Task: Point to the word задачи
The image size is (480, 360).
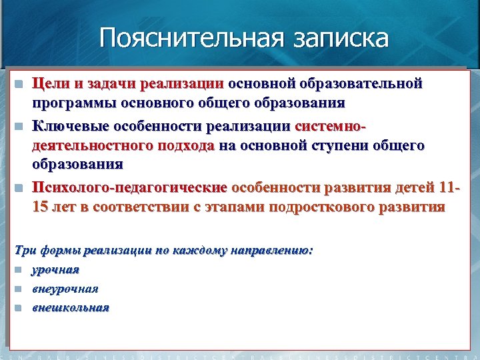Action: tap(109, 85)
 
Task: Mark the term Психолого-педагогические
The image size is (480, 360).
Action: tap(130, 187)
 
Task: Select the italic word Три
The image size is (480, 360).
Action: tap(25, 251)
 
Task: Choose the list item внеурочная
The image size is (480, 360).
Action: tap(65, 289)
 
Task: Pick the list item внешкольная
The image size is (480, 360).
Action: tap(71, 307)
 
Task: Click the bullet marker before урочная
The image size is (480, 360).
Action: tap(19, 270)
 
